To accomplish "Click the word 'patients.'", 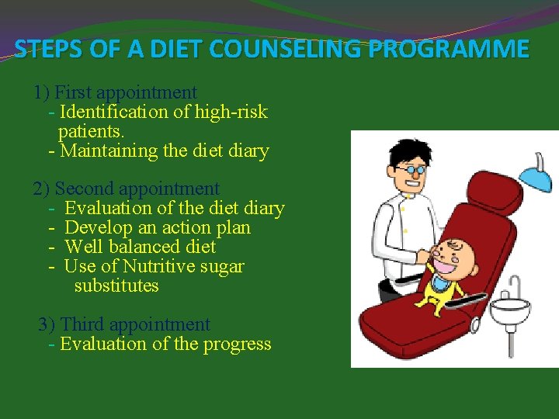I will (91, 131).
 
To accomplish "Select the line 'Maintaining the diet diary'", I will (164, 151).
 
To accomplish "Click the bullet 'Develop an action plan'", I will (158, 227).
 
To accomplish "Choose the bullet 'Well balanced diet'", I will (141, 247).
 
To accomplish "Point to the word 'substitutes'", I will (116, 286).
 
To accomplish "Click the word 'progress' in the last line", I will (237, 344).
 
